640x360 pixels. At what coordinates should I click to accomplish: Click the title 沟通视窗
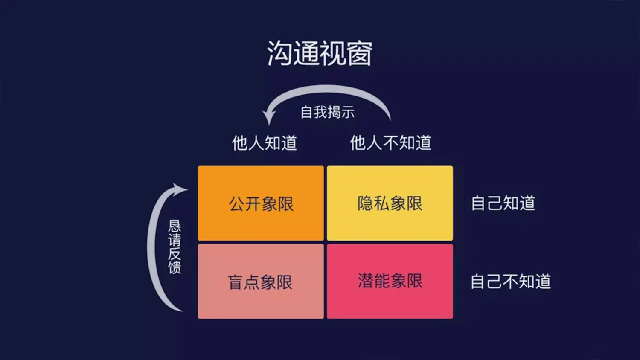tap(320, 53)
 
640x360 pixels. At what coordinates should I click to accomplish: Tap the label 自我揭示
tap(327, 112)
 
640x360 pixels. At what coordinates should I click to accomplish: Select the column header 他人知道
tap(264, 143)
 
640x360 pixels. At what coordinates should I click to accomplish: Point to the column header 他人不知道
tap(390, 143)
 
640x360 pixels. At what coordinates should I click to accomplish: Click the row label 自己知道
tap(503, 203)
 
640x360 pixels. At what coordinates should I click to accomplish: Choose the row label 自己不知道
tap(511, 282)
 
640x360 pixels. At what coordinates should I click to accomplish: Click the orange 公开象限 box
tap(261, 203)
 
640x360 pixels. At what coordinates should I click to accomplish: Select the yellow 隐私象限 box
tap(390, 203)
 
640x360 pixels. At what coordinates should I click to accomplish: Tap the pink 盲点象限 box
tap(261, 282)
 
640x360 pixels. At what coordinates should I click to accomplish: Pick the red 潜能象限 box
tap(390, 282)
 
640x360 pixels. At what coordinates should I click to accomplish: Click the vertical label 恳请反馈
tap(174, 247)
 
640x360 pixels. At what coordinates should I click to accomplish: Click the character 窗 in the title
tap(360, 53)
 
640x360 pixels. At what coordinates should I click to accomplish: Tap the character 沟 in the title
tap(280, 53)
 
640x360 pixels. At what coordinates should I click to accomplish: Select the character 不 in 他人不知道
tap(390, 143)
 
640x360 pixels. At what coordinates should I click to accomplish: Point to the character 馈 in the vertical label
tap(174, 268)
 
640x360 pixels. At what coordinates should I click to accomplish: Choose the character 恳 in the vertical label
tap(174, 226)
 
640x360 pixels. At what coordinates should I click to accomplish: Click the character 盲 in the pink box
tap(236, 282)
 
